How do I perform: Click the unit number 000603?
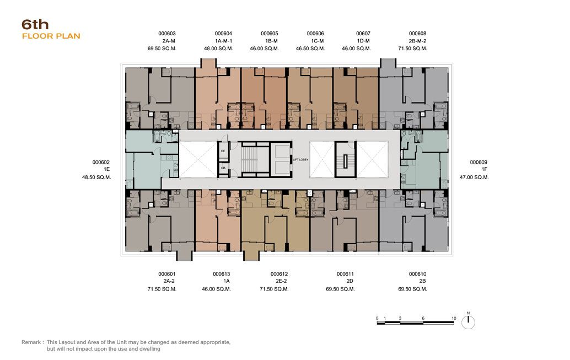(x=167, y=34)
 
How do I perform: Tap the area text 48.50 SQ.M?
(x=96, y=178)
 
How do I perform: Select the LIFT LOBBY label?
(x=300, y=160)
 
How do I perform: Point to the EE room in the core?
(x=223, y=151)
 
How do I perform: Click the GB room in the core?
(x=223, y=168)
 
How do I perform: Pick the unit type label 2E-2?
(x=281, y=281)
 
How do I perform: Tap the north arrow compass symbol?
(x=468, y=322)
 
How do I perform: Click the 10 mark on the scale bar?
(x=454, y=318)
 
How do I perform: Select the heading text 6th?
(x=35, y=25)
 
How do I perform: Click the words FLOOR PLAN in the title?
(x=51, y=36)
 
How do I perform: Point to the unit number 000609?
(x=478, y=162)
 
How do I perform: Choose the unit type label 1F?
(x=484, y=169)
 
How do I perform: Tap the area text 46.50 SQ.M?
(x=310, y=49)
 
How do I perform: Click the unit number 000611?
(x=345, y=274)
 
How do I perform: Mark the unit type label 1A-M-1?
(x=223, y=41)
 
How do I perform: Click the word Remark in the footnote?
(x=31, y=342)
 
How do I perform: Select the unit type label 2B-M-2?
(x=417, y=41)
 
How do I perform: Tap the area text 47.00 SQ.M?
(x=474, y=178)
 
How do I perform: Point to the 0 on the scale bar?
(x=377, y=318)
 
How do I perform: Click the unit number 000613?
(x=222, y=274)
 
